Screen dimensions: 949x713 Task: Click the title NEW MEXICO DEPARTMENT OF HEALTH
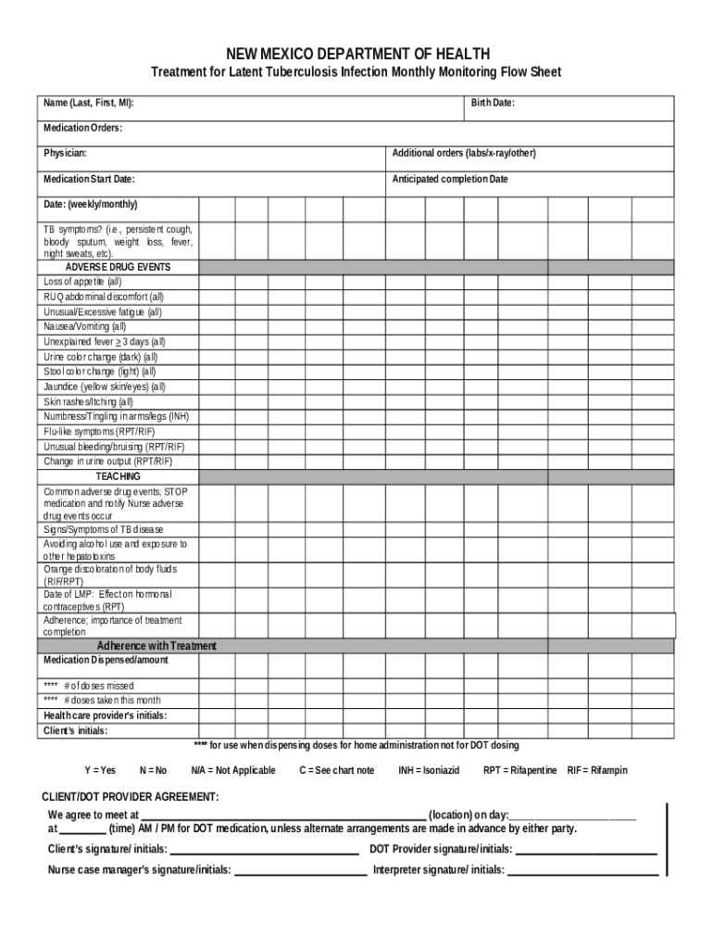[x=356, y=54]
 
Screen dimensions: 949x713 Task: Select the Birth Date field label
[x=492, y=103]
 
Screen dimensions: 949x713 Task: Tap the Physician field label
[x=65, y=153]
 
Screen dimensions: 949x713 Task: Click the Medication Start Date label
[x=89, y=179]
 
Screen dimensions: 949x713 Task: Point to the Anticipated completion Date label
[x=450, y=179]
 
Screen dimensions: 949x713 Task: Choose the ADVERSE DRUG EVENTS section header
[x=118, y=267]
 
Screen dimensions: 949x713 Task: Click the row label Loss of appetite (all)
[x=82, y=282]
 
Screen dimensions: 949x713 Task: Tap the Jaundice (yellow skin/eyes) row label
[x=105, y=386]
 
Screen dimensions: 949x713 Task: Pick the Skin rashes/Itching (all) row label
[x=89, y=402]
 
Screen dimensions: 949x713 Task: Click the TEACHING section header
[x=118, y=476]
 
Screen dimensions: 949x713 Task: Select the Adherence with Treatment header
[x=156, y=646]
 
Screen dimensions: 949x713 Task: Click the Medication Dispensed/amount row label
[x=106, y=661]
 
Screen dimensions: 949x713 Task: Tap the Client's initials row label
[x=75, y=730]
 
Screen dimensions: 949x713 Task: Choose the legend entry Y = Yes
[x=100, y=770]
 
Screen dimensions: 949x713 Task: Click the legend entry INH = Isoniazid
[x=429, y=770]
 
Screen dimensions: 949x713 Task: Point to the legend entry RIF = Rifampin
[x=597, y=770]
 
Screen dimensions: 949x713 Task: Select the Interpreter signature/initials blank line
[x=582, y=872]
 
